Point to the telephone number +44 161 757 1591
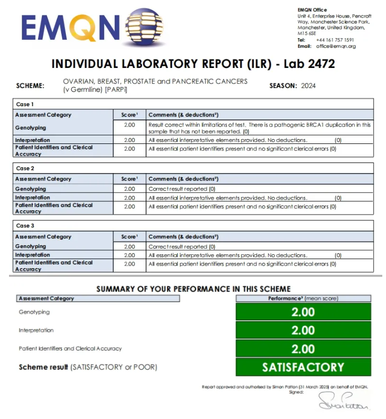334,40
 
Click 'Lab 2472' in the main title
309,64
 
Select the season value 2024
308,85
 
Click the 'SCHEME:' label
30,85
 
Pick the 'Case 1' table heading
24,104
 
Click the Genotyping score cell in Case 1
129,125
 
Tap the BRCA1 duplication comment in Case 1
260,127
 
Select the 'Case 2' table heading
24,168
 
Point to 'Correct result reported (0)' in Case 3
182,246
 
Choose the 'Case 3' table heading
24,226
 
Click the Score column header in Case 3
129,237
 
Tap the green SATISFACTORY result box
303,367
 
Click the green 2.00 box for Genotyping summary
303,312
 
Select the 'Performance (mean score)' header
303,298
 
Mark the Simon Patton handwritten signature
344,402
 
